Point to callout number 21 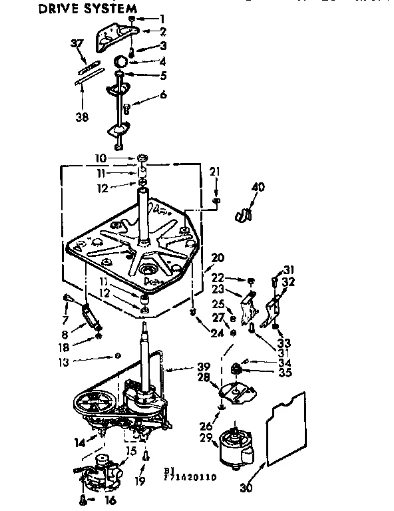(x=214, y=173)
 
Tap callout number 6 (x=162, y=95)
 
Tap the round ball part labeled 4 (x=120, y=61)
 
